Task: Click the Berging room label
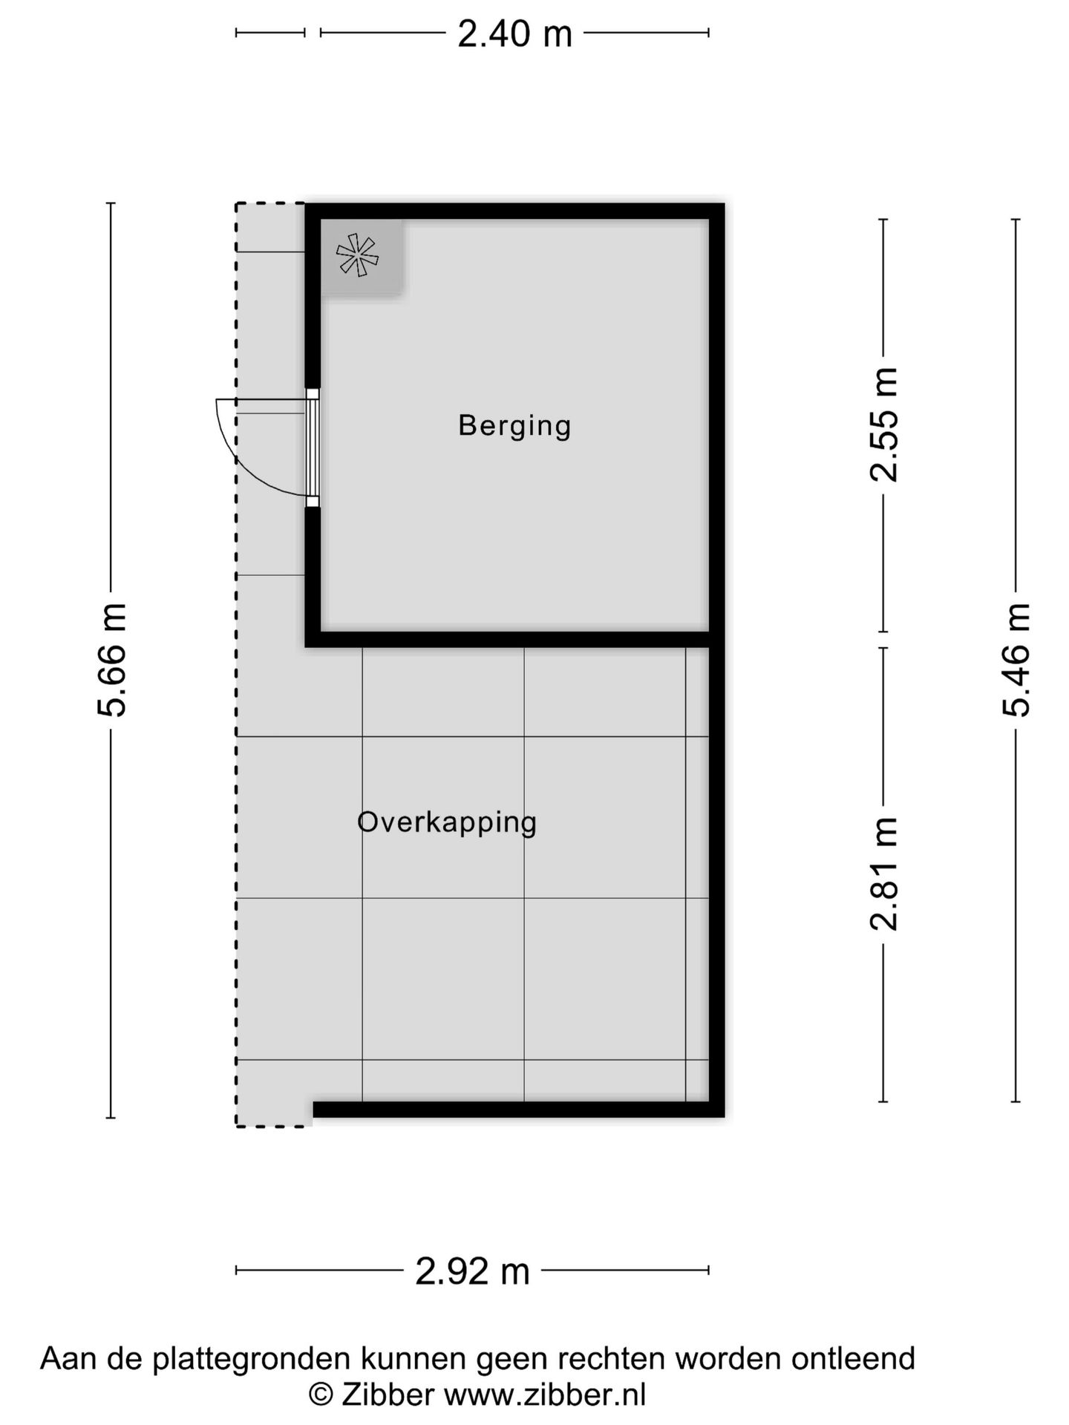(514, 426)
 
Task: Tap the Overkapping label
(447, 822)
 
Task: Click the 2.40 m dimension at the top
(514, 34)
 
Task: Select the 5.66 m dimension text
(113, 660)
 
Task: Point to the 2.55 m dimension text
(884, 425)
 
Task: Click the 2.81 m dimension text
(884, 874)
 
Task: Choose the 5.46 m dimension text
(1016, 660)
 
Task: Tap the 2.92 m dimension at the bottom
(472, 1271)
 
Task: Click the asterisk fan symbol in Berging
(358, 255)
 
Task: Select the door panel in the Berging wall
(313, 448)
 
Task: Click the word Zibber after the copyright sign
(387, 1395)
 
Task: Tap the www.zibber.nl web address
(545, 1395)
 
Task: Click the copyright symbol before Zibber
(321, 1395)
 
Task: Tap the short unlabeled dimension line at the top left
(270, 33)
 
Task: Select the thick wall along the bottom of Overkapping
(518, 1109)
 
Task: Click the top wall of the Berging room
(514, 211)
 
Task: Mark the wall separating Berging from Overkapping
(512, 639)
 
